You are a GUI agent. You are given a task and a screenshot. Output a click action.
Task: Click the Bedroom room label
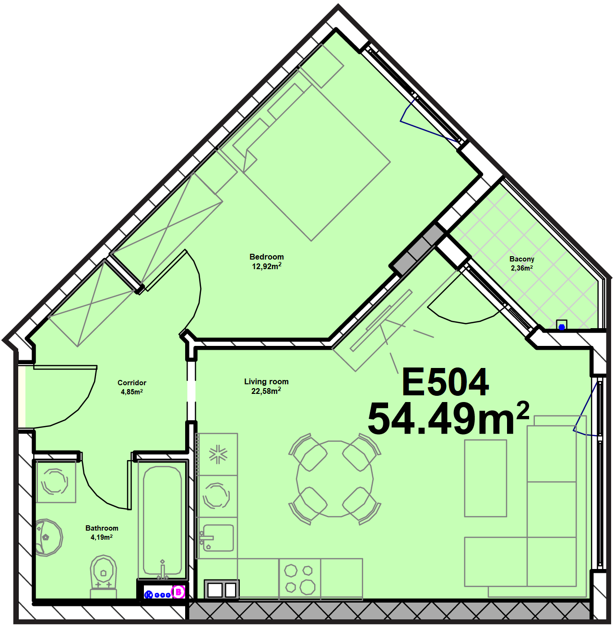(x=267, y=257)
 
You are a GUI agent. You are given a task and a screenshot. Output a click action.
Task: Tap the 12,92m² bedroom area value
(x=267, y=266)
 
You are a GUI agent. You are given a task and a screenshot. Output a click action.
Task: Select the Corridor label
(x=132, y=383)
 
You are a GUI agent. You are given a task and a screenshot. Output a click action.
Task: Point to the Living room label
(x=266, y=381)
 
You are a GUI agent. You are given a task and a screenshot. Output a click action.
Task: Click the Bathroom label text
(x=102, y=528)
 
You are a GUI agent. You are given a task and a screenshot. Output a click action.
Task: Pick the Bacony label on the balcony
(x=522, y=259)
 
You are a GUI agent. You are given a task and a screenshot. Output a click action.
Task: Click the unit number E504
(x=445, y=383)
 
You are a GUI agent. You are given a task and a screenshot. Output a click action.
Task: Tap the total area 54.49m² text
(x=448, y=418)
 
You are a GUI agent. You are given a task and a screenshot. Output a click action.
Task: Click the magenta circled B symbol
(x=178, y=592)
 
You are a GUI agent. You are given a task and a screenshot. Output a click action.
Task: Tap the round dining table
(x=335, y=479)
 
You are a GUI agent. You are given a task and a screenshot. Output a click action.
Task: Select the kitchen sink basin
(x=218, y=538)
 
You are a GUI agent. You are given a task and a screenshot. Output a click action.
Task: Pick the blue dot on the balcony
(x=562, y=327)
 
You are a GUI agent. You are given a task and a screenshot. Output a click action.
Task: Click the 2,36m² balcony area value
(x=522, y=268)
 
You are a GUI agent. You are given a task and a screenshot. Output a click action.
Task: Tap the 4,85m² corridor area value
(x=132, y=392)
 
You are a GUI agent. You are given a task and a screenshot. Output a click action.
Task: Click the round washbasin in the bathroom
(x=48, y=538)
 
